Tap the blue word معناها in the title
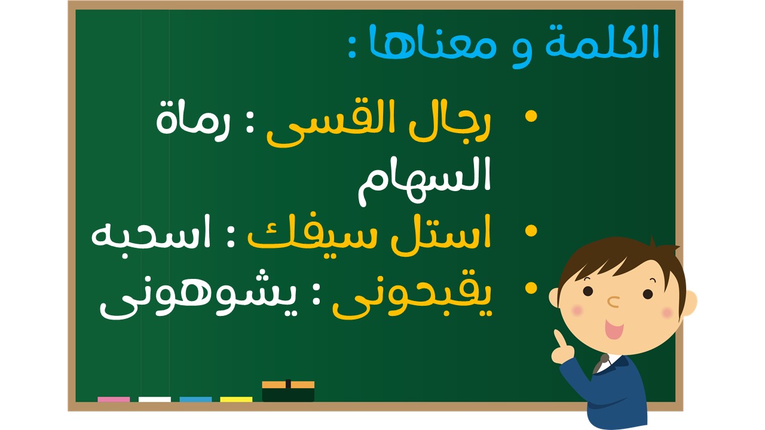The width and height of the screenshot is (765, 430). click(x=433, y=42)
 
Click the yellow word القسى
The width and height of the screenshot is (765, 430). click(x=331, y=123)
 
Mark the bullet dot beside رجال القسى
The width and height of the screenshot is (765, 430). click(x=531, y=116)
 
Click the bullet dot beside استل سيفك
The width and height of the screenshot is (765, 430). click(x=531, y=231)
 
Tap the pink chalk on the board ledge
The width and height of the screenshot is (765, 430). click(x=114, y=400)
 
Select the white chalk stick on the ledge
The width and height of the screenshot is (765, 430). click(x=155, y=400)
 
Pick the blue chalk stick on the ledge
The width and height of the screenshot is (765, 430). click(x=195, y=400)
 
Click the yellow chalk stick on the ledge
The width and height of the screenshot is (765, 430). click(x=236, y=400)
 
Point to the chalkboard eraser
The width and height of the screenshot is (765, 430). click(x=288, y=391)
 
